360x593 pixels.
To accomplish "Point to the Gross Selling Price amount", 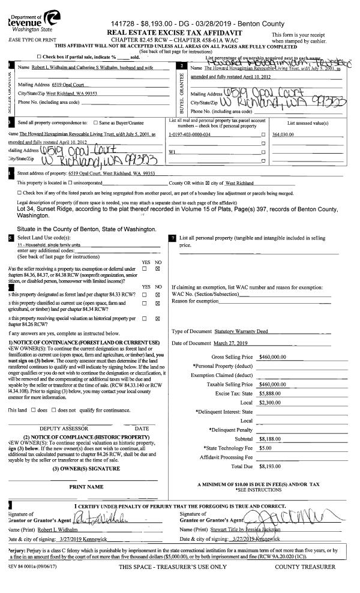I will [273, 357].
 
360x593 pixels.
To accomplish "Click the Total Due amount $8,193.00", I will [271, 466].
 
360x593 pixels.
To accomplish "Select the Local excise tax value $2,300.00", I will [268, 402].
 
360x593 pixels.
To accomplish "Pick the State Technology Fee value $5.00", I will [264, 448].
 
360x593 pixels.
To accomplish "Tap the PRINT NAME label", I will [86, 487].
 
